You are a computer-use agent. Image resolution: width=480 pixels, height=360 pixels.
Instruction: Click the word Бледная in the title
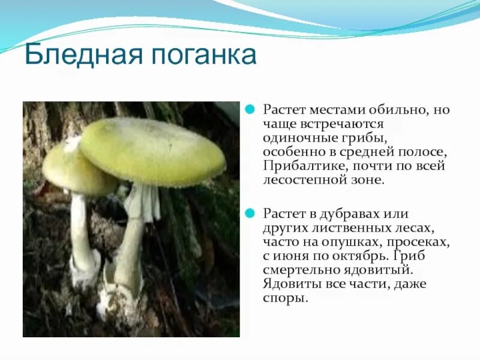pyautogui.click(x=80, y=55)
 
